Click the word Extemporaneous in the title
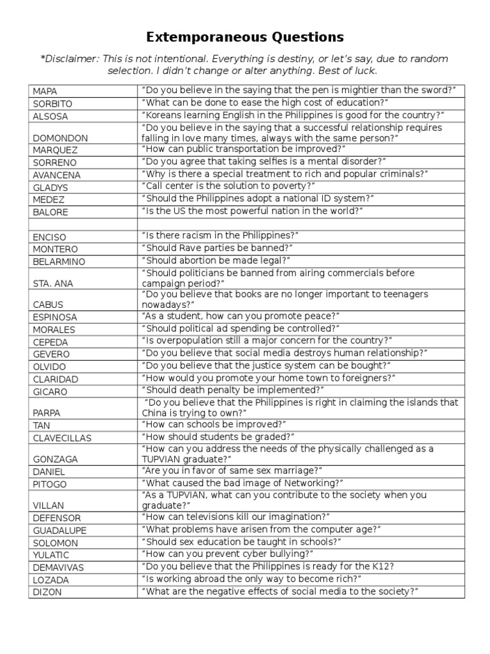tap(200, 36)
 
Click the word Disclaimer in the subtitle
tap(71, 59)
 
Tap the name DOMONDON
tap(60, 138)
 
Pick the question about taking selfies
tap(264, 162)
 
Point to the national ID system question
tap(258, 199)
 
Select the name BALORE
tap(50, 212)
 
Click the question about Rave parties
tap(217, 248)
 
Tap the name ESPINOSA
tap(55, 317)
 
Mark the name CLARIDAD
tap(56, 379)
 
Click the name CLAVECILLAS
tap(63, 438)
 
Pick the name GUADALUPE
tap(59, 531)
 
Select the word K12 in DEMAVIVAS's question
tap(382, 566)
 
